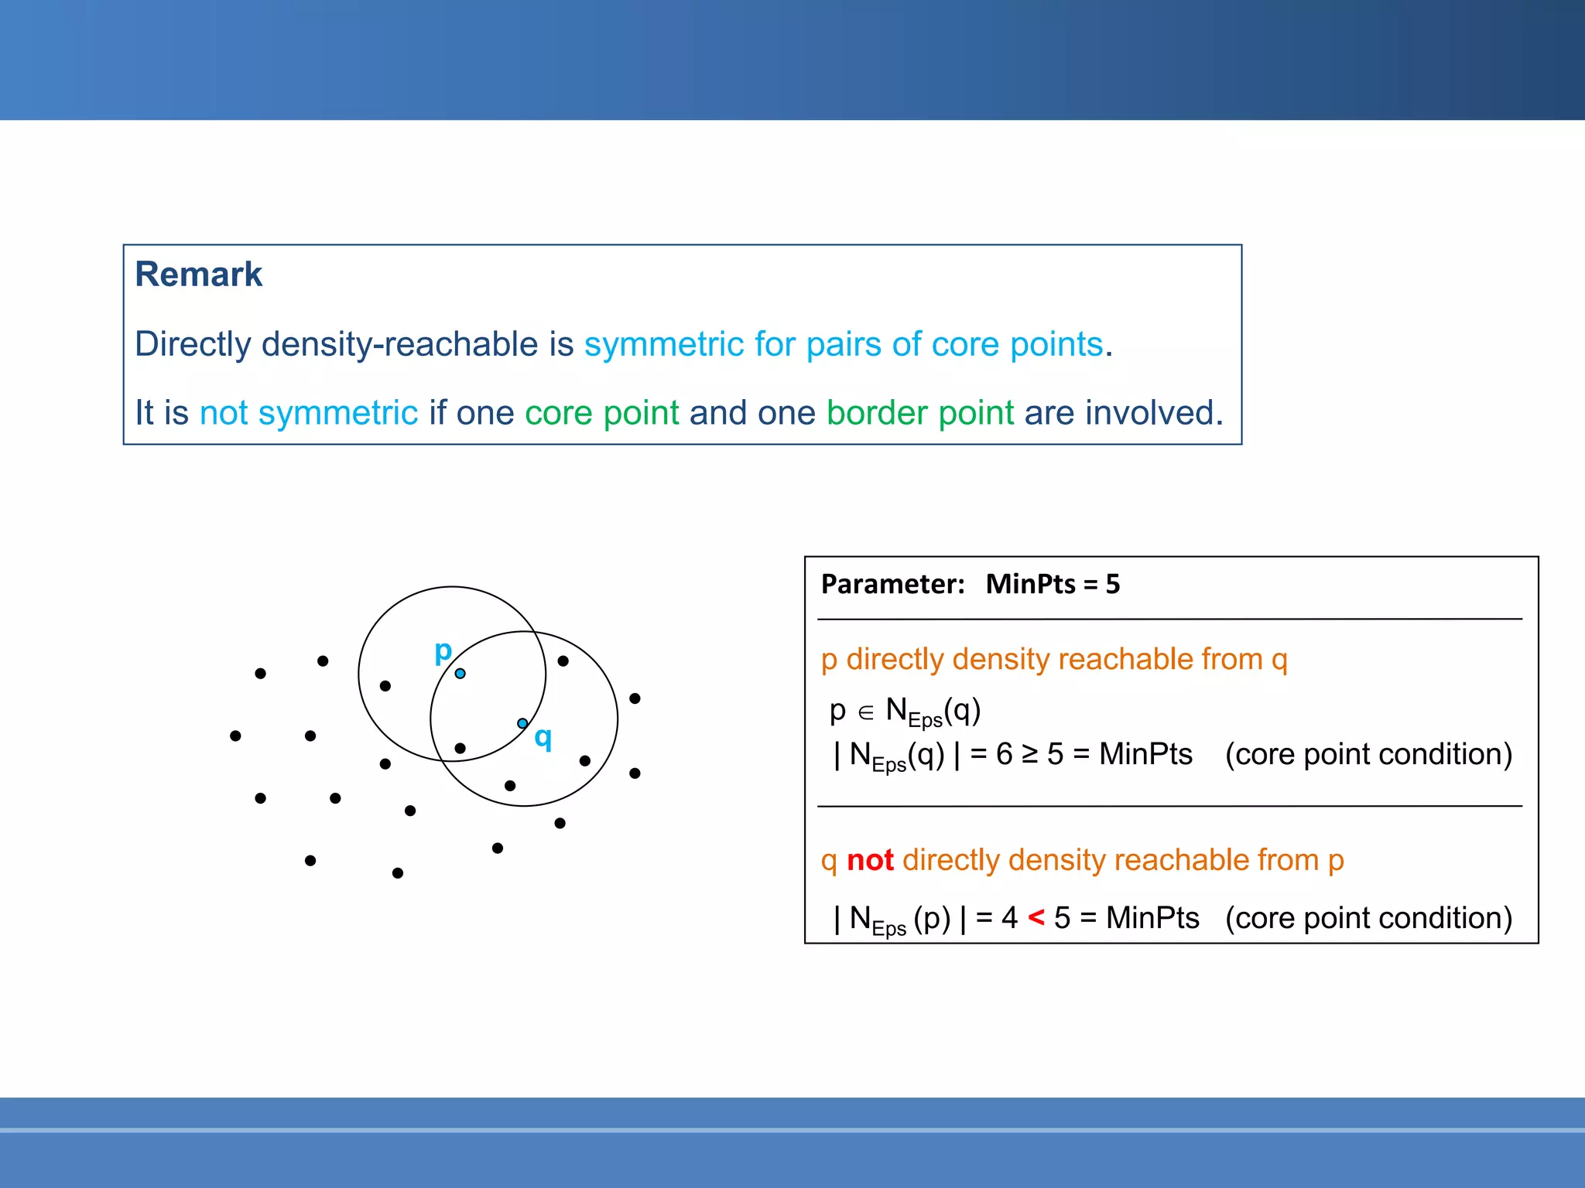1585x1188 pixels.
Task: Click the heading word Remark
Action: click(198, 275)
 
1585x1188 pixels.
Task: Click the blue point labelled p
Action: click(460, 674)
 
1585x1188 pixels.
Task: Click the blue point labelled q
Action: click(522, 723)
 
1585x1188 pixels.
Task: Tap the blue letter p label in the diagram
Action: click(443, 651)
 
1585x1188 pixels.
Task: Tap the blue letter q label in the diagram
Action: click(543, 738)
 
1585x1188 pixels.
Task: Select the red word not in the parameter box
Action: click(870, 860)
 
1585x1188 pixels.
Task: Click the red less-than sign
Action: click(1036, 918)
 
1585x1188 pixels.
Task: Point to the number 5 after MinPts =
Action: click(1112, 584)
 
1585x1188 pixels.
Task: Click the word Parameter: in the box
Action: click(892, 584)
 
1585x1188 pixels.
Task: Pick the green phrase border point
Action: click(919, 413)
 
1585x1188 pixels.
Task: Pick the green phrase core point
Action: click(601, 413)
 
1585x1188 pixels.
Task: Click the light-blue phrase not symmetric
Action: click(308, 413)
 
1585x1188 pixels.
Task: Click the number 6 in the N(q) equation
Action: click(1004, 754)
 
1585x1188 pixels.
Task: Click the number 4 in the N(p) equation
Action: click(1008, 918)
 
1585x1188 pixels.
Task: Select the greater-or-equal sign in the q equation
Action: click(1029, 754)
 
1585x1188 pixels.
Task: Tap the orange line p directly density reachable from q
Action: click(1053, 659)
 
